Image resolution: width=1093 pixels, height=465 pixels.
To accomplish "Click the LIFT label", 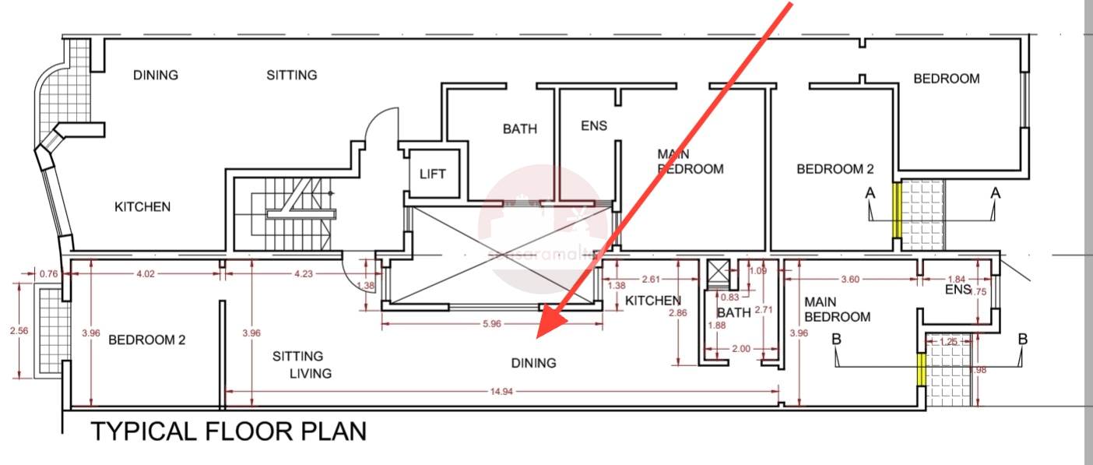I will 432,174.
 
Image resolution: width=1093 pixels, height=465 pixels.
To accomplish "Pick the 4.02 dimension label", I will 146,273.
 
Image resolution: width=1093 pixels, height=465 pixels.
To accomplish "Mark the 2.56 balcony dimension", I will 20,331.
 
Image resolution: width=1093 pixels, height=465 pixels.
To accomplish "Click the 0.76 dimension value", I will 48,273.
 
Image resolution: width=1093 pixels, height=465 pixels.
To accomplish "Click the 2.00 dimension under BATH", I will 741,349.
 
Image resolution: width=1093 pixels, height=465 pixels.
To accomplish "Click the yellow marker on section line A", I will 896,210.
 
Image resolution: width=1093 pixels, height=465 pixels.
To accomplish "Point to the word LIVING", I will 310,373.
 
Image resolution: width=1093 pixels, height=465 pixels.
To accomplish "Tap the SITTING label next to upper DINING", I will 292,76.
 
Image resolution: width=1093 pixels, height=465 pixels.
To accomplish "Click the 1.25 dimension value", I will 948,342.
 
